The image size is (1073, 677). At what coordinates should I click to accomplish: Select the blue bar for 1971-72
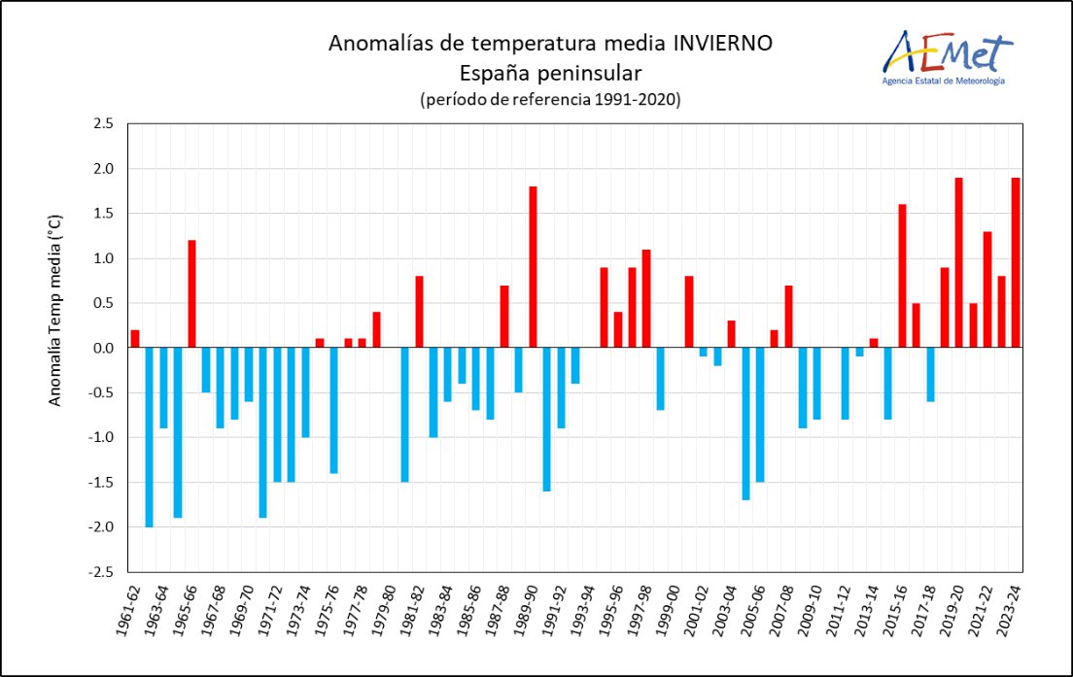click(277, 415)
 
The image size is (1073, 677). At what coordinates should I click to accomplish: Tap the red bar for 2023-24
click(1015, 262)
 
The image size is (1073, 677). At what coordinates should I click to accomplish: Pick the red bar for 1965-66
click(192, 293)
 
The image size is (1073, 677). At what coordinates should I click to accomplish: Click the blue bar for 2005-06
click(759, 415)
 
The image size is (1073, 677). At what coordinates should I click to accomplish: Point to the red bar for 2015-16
click(901, 276)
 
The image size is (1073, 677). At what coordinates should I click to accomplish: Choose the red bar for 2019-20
click(958, 262)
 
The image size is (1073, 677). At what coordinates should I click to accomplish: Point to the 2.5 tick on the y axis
click(103, 123)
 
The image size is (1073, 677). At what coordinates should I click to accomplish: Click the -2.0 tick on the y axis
click(101, 526)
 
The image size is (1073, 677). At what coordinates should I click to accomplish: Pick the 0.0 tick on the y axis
click(103, 348)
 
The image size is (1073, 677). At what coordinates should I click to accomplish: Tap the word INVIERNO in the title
click(723, 44)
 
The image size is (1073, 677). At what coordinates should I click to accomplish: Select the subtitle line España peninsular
click(551, 73)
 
